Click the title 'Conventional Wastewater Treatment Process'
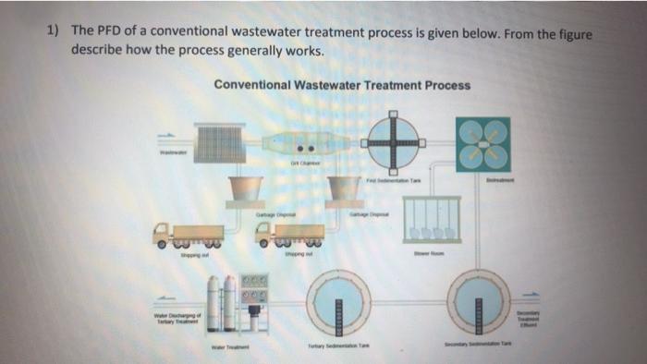pyautogui.click(x=341, y=85)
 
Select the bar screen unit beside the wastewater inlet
pyautogui.click(x=219, y=145)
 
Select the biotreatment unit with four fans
pyautogui.click(x=482, y=144)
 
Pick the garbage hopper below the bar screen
pyautogui.click(x=247, y=190)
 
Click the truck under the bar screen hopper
pyautogui.click(x=189, y=236)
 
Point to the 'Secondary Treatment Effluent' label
pyautogui.click(x=534, y=317)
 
